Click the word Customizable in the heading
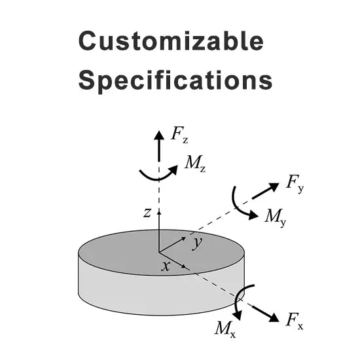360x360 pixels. click(171, 41)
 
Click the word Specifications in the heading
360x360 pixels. click(175, 81)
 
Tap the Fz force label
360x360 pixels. click(179, 136)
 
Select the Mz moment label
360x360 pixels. click(195, 163)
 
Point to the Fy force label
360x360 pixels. click(295, 185)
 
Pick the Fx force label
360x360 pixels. click(295, 320)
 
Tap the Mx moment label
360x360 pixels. click(225, 329)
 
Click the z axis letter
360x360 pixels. click(147, 213)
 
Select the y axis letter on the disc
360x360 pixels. click(198, 243)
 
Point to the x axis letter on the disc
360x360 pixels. click(166, 266)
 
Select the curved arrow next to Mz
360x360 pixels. click(158, 177)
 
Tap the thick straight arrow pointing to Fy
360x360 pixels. click(265, 190)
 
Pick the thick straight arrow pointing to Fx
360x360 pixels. click(265, 314)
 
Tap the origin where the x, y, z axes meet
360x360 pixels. click(159, 252)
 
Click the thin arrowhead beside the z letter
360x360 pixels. click(159, 211)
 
